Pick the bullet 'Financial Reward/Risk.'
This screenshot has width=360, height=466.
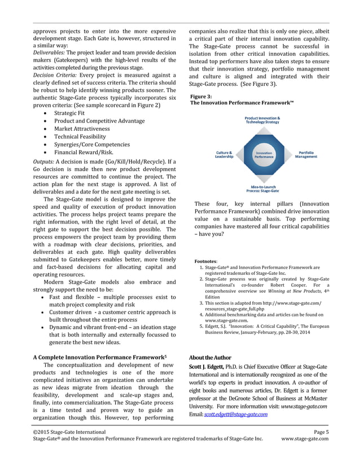pyautogui.click(x=84, y=152)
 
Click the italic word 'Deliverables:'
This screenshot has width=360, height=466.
pyautogui.click(x=51, y=52)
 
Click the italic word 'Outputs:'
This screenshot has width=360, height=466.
pyautogui.click(x=44, y=162)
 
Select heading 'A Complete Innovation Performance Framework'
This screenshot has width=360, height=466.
pyautogui.click(x=98, y=357)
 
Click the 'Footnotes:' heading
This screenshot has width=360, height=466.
pyautogui.click(x=206, y=262)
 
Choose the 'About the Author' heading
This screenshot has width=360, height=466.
pyautogui.click(x=210, y=358)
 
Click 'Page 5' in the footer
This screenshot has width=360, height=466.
pyautogui.click(x=321, y=432)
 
